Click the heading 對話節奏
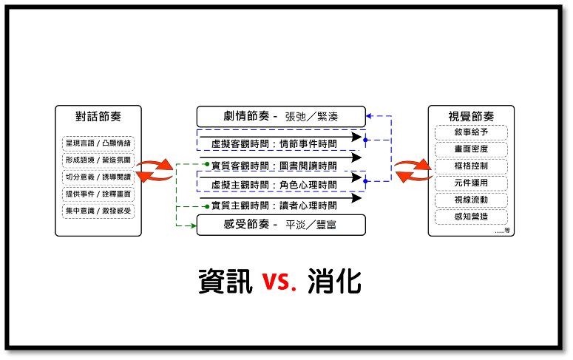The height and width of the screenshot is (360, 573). pyautogui.click(x=98, y=116)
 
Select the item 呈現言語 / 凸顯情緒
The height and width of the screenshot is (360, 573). pyautogui.click(x=98, y=143)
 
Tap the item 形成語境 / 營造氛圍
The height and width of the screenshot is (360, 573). pyautogui.click(x=98, y=160)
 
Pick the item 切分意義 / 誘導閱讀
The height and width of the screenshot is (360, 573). pyautogui.click(x=98, y=177)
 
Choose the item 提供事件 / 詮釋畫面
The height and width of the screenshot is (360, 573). pyautogui.click(x=98, y=194)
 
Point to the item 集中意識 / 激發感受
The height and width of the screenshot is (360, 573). pyautogui.click(x=98, y=211)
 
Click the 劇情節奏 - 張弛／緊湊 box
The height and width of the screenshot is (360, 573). pyautogui.click(x=281, y=117)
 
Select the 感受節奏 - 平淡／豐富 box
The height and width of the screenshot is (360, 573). pyautogui.click(x=281, y=224)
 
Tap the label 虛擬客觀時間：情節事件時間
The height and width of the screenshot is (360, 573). pyautogui.click(x=274, y=143)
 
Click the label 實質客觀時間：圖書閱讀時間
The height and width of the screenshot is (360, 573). pyautogui.click(x=274, y=165)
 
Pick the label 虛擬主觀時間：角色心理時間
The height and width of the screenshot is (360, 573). pyautogui.click(x=274, y=184)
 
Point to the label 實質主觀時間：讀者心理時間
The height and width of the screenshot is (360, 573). pyautogui.click(x=274, y=206)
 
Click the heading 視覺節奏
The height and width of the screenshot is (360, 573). pyautogui.click(x=471, y=116)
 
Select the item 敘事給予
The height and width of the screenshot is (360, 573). pyautogui.click(x=471, y=132)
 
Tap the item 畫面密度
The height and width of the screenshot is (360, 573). pyautogui.click(x=471, y=149)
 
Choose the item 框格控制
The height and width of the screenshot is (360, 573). pyautogui.click(x=471, y=166)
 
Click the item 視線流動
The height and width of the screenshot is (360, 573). pyautogui.click(x=471, y=200)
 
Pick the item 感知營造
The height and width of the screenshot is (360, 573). pyautogui.click(x=471, y=217)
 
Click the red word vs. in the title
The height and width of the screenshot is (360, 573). pyautogui.click(x=278, y=282)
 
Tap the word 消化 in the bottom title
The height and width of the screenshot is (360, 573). pyautogui.click(x=333, y=281)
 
